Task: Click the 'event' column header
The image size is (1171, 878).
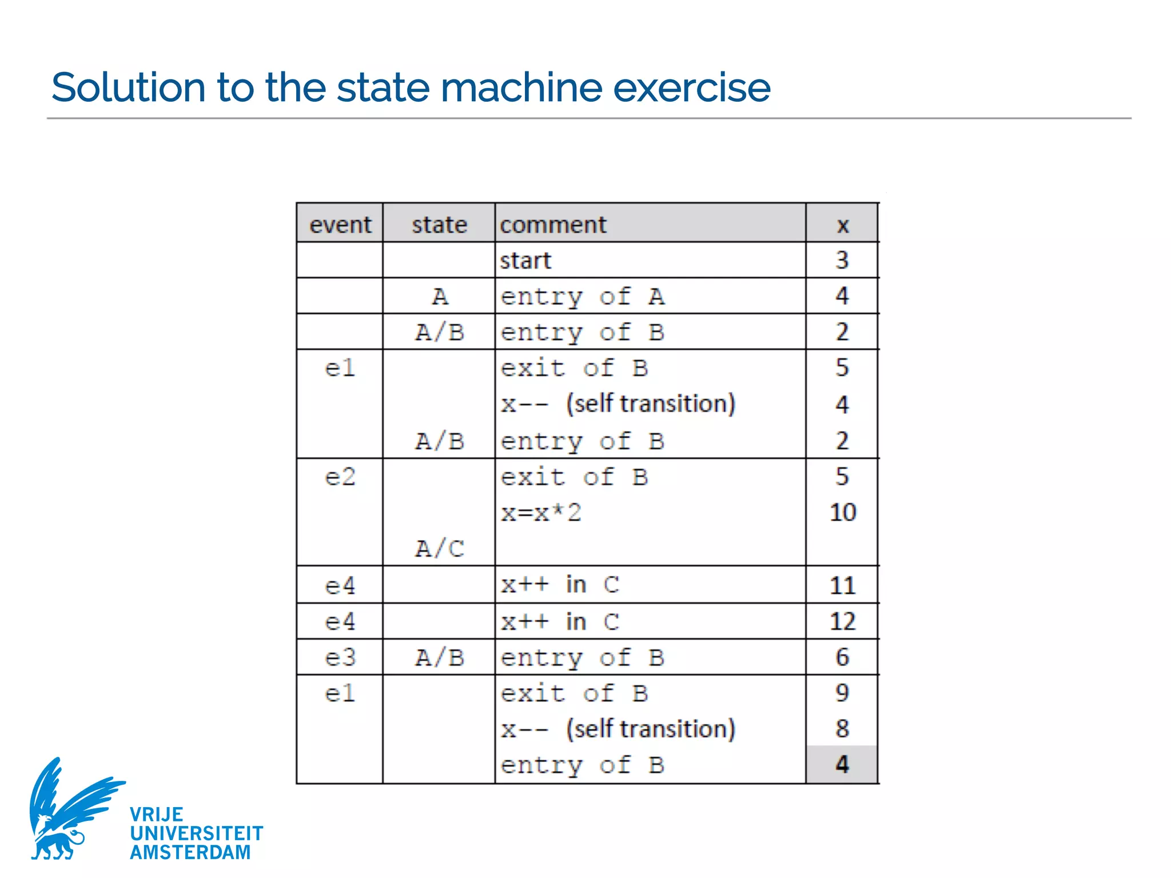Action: point(340,225)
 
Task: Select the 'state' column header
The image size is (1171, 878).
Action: point(439,225)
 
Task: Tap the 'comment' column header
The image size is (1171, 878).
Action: point(553,225)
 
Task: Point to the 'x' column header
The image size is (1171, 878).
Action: point(842,225)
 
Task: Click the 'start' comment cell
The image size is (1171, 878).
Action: point(525,261)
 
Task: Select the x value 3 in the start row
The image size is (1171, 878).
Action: point(842,260)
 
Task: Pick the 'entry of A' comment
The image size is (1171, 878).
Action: point(582,297)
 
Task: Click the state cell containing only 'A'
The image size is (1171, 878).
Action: point(439,297)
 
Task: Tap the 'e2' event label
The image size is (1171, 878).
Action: point(340,477)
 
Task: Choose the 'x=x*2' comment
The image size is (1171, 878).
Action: point(541,513)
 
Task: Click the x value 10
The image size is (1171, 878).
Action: point(842,512)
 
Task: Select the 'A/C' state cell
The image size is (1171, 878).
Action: point(439,549)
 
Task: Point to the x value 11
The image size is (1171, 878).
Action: point(842,585)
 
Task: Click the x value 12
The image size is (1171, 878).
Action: point(842,621)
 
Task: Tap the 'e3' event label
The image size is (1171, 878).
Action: point(340,657)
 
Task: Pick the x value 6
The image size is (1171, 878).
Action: point(842,657)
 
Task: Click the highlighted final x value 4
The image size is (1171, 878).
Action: point(842,764)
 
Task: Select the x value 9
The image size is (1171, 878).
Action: point(842,693)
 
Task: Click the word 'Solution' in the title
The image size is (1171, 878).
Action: point(128,87)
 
